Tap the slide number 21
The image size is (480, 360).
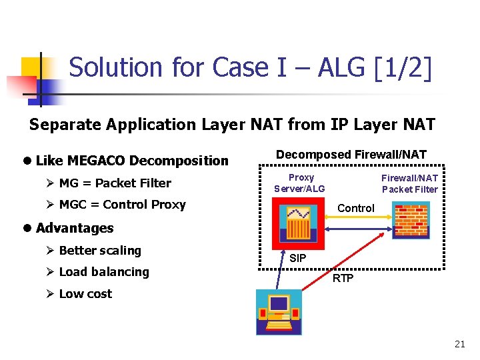(459, 344)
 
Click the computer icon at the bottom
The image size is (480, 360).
(279, 312)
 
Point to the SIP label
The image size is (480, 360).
(298, 258)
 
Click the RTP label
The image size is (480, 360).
(343, 278)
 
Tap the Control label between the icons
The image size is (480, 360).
(355, 208)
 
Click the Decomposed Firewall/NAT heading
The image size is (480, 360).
(351, 155)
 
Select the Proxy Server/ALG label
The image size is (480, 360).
(300, 183)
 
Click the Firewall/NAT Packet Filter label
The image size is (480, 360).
(409, 183)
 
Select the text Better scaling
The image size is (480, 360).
(100, 251)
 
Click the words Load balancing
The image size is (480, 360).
(104, 272)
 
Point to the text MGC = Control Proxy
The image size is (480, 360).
(122, 205)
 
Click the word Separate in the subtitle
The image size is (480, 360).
(59, 125)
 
